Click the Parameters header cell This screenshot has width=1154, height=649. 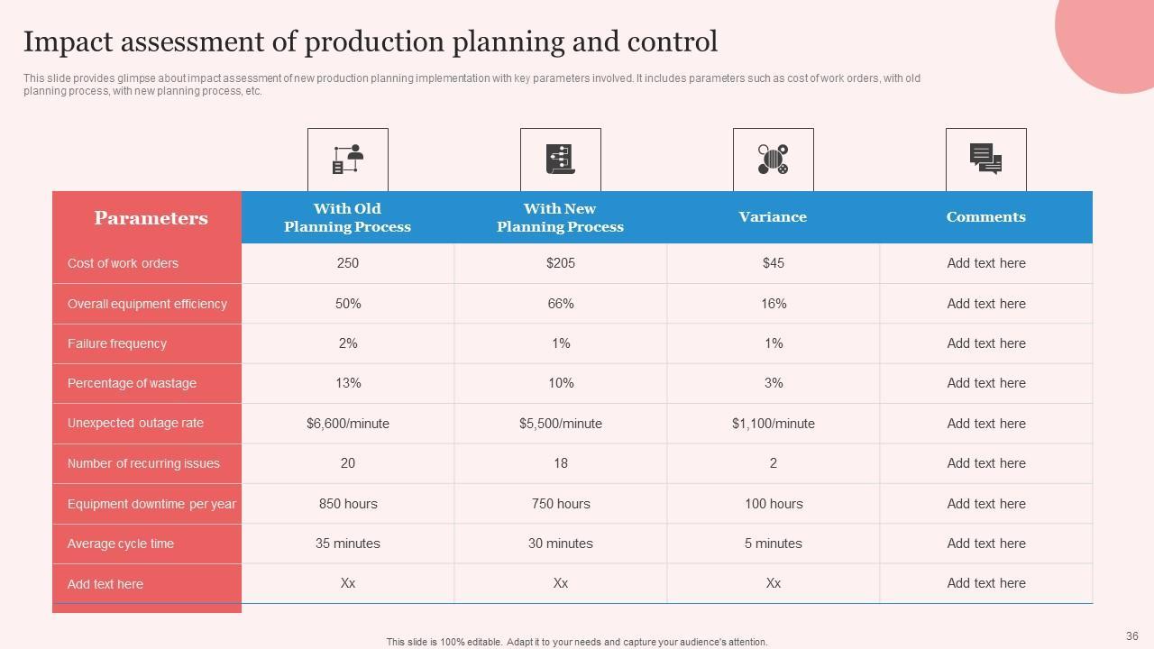pyautogui.click(x=151, y=218)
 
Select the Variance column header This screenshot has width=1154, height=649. pyautogui.click(x=773, y=217)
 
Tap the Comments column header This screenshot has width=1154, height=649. pyautogui.click(x=985, y=217)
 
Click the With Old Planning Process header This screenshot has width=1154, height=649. pyautogui.click(x=347, y=218)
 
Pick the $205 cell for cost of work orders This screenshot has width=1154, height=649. pyautogui.click(x=560, y=263)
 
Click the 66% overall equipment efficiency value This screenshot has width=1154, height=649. pyautogui.click(x=560, y=304)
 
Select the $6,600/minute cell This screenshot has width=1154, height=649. pyautogui.click(x=347, y=424)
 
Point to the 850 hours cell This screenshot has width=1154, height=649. pyautogui.click(x=348, y=504)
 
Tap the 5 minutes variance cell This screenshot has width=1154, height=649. pyautogui.click(x=773, y=544)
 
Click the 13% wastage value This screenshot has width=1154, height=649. pyautogui.click(x=347, y=383)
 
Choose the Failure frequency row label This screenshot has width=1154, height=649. pyautogui.click(x=117, y=343)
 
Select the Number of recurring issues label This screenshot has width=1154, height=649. pyautogui.click(x=143, y=463)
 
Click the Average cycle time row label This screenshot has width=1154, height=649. pyautogui.click(x=121, y=544)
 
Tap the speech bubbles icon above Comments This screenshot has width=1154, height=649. pyautogui.click(x=985, y=160)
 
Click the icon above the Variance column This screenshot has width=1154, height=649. pyautogui.click(x=773, y=160)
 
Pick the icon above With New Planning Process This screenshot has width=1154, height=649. pyautogui.click(x=560, y=160)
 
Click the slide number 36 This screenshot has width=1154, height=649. pyautogui.click(x=1132, y=636)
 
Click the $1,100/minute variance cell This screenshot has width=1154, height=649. pyautogui.click(x=773, y=424)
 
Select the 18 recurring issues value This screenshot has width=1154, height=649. pyautogui.click(x=560, y=463)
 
